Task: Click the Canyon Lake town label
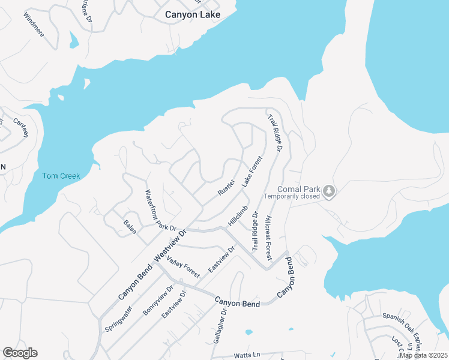click(x=193, y=14)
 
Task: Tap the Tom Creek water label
click(x=61, y=176)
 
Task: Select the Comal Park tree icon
click(x=328, y=191)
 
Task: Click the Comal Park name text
click(x=298, y=187)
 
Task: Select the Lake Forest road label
click(x=253, y=172)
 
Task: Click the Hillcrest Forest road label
click(x=268, y=238)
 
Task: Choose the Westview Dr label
click(x=170, y=245)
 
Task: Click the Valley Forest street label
click(x=183, y=266)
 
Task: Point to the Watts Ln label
click(x=248, y=355)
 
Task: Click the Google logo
click(x=20, y=353)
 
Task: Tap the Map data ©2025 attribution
click(x=423, y=355)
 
